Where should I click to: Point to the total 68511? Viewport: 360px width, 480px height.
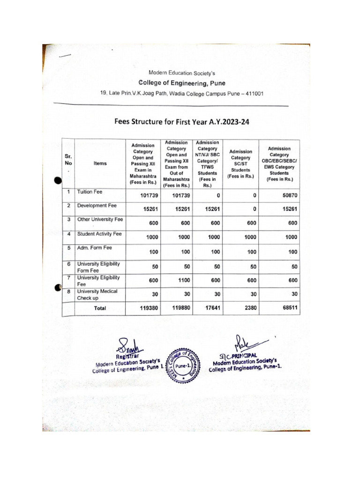[288, 308]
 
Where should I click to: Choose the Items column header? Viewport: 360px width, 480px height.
[100, 164]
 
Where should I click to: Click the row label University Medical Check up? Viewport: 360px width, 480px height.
[97, 294]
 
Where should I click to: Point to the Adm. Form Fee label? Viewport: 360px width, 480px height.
[95, 247]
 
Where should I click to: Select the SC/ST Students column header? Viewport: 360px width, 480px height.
[240, 164]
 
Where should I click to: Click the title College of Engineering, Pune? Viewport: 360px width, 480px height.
[181, 83]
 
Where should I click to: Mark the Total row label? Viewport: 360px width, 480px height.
[99, 308]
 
